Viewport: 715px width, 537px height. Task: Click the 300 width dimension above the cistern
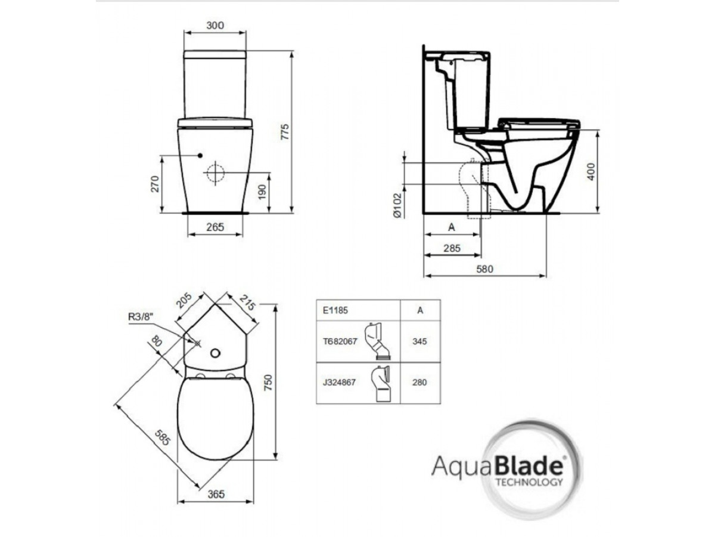pyautogui.click(x=215, y=25)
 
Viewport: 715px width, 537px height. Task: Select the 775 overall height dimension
pyautogui.click(x=284, y=132)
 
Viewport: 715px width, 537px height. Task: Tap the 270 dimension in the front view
pyautogui.click(x=155, y=184)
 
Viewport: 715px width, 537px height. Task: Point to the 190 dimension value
pyautogui.click(x=262, y=192)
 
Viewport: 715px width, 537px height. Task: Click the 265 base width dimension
pyautogui.click(x=215, y=227)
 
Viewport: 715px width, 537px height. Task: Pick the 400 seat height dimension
pyautogui.click(x=591, y=172)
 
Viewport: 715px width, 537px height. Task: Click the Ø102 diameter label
pyautogui.click(x=398, y=206)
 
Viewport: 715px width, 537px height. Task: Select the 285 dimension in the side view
pyautogui.click(x=452, y=248)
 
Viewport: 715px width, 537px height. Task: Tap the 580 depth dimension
pyautogui.click(x=484, y=269)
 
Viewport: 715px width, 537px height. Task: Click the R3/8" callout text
pyautogui.click(x=141, y=317)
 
